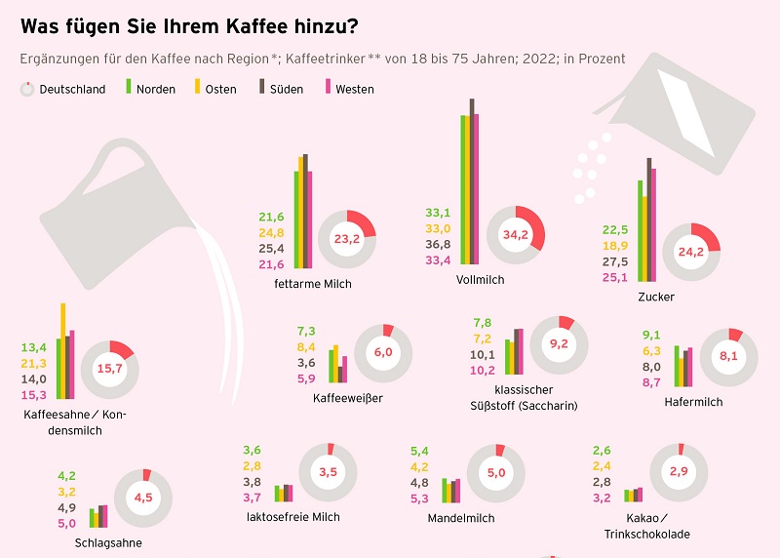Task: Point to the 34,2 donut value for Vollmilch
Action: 515,235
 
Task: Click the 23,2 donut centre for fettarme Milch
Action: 347,238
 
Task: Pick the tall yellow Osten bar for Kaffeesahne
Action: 63,350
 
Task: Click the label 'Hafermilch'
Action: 693,402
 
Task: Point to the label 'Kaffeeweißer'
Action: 348,398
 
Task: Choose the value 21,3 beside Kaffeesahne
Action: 33,364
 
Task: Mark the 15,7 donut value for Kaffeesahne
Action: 109,369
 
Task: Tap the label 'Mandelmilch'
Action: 461,518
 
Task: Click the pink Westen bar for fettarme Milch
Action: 310,219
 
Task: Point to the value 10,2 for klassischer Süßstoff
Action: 483,370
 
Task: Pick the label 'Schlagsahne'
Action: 108,542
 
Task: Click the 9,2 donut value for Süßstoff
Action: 560,344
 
